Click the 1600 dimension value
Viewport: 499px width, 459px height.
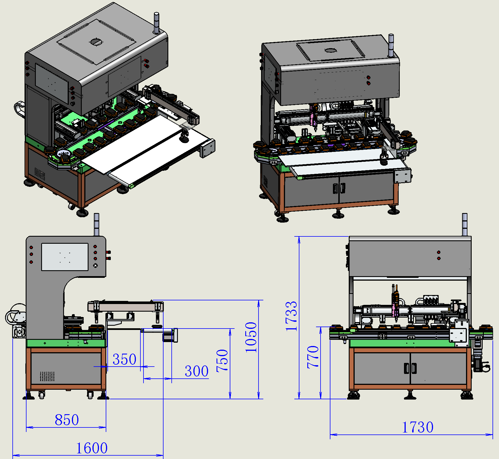(x=92, y=448)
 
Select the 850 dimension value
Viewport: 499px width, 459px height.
(x=67, y=420)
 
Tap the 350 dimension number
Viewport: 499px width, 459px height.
(x=124, y=359)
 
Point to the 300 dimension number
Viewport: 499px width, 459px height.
(x=196, y=371)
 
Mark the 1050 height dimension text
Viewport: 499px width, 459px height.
(x=251, y=337)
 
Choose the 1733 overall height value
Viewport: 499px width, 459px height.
(x=291, y=316)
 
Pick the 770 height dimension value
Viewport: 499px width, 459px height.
(x=313, y=357)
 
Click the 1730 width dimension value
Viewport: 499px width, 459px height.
(x=418, y=427)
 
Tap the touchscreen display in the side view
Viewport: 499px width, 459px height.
(x=65, y=257)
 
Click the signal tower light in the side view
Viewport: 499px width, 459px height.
(x=96, y=224)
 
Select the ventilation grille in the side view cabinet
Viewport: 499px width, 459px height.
(x=47, y=376)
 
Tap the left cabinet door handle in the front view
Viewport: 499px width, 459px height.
(x=406, y=368)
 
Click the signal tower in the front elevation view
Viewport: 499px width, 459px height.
(x=465, y=224)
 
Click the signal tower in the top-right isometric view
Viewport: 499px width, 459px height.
(x=391, y=45)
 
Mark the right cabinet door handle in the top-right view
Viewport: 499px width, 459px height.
(x=343, y=188)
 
